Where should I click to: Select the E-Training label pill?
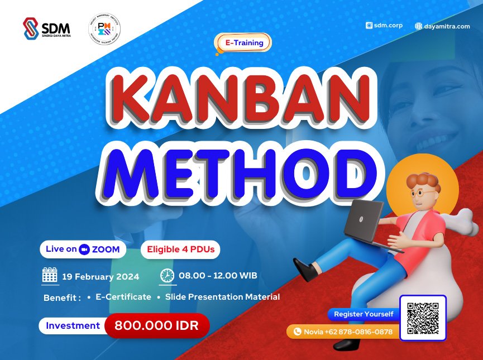coord(243,42)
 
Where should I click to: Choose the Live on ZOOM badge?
coord(83,249)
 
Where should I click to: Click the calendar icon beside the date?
coord(50,276)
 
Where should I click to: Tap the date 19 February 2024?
coord(101,276)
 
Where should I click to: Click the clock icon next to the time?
coord(167,276)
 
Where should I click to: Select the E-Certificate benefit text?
coord(123,297)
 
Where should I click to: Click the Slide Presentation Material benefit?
coord(222,297)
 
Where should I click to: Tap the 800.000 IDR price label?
coord(156,325)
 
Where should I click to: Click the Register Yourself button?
coord(364,314)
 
